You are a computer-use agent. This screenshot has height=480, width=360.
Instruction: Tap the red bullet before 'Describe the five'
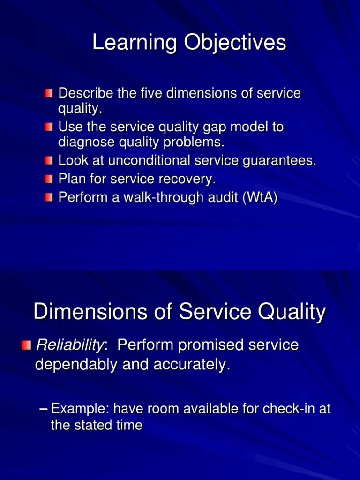[49, 93]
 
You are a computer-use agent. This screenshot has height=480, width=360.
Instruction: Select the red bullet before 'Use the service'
[49, 127]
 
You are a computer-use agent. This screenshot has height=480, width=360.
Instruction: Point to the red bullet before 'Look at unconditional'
[49, 161]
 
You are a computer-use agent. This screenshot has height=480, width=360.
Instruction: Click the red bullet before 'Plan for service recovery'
[49, 179]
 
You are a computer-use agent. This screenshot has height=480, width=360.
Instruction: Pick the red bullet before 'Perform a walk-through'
[49, 197]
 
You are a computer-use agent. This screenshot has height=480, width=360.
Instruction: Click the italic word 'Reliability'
[70, 345]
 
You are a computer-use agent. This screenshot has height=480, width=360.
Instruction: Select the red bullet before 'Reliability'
[26, 346]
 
